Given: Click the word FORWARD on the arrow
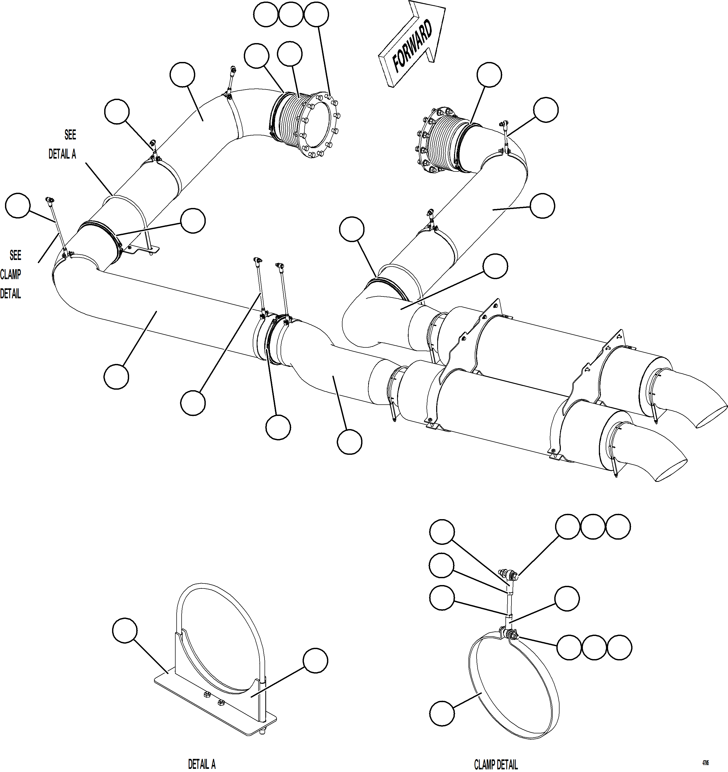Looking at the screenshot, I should point(412,46).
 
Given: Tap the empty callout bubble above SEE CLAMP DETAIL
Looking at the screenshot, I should point(18,206).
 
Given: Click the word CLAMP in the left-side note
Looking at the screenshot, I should point(10,275).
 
